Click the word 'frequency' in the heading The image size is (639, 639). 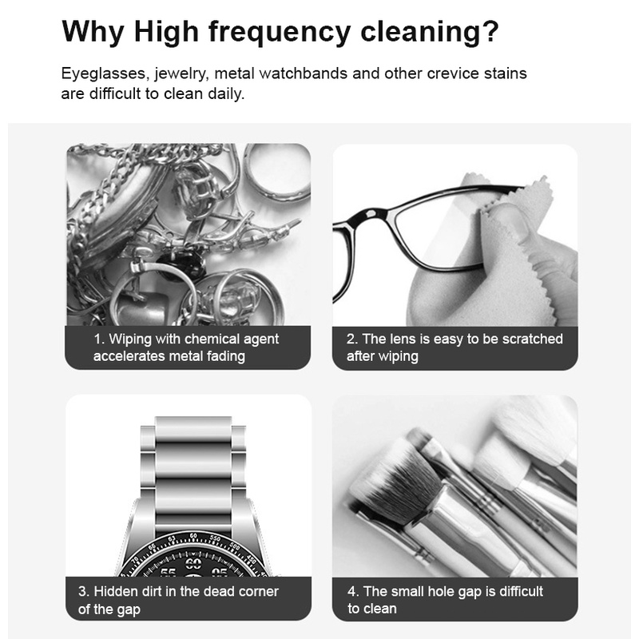(280, 32)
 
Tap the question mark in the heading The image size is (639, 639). (490, 30)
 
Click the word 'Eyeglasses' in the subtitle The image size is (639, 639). (103, 73)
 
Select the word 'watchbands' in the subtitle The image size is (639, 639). (304, 73)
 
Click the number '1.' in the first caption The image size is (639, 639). (100, 339)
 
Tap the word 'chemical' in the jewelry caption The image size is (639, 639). (212, 339)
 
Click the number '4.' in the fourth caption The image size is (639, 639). (353, 591)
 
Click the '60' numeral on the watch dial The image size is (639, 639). (193, 563)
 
